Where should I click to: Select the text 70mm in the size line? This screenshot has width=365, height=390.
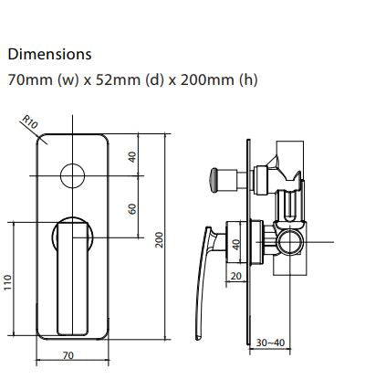27,79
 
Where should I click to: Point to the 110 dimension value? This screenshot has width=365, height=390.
9,286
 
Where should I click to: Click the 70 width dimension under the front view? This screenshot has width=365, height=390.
68,354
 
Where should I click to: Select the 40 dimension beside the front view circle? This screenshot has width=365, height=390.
133,156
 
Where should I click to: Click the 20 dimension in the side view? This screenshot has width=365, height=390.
236,276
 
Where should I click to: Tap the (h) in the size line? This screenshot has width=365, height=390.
247,79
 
